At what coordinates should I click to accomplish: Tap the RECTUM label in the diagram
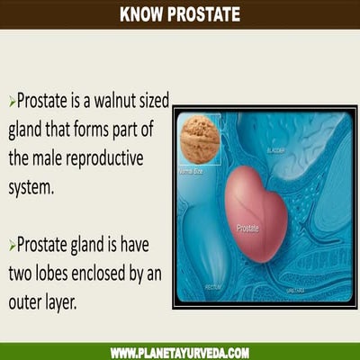[212, 288]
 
